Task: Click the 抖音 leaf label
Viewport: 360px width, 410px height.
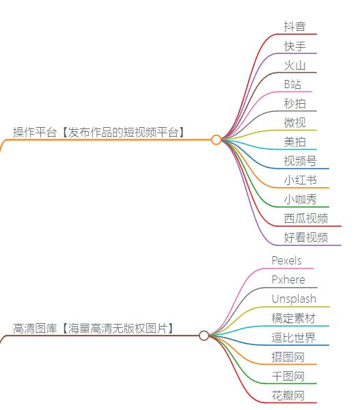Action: (294, 27)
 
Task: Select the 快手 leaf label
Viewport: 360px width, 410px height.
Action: (294, 46)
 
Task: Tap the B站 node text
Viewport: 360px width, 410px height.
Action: (292, 84)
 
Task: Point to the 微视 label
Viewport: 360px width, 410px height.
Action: (294, 122)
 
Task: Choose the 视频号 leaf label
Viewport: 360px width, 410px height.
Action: (300, 161)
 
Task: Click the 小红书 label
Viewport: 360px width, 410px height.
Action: (300, 180)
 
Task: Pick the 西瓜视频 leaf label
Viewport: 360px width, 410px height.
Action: (305, 219)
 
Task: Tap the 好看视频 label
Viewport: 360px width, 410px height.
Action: (305, 238)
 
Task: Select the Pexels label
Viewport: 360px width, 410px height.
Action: (286, 260)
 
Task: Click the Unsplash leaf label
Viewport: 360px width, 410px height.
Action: (294, 299)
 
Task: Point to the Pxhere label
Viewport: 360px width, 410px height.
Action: (288, 279)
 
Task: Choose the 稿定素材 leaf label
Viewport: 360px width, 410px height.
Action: (293, 318)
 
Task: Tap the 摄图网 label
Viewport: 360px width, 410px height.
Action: (288, 357)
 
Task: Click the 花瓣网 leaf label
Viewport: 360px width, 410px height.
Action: (288, 395)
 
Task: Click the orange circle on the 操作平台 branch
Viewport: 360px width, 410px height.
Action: (217, 139)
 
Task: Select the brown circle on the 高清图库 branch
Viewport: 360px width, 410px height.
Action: (204, 336)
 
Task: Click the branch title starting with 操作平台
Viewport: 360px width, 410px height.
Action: (99, 133)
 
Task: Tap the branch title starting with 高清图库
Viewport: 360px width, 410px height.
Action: (93, 328)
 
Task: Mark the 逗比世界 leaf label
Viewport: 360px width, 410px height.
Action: (293, 338)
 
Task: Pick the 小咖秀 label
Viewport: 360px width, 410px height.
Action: (300, 200)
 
